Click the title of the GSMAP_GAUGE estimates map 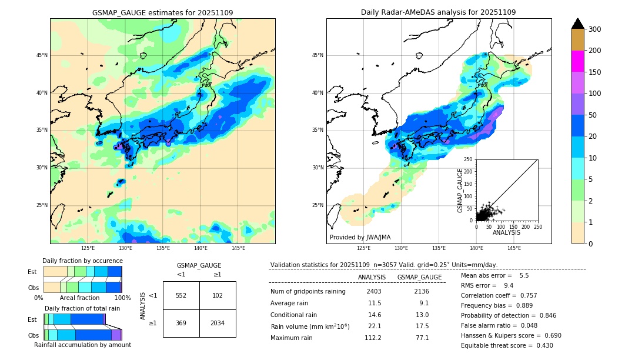[x=162, y=12]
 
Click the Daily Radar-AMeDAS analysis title [x=438, y=12]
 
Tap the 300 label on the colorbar [x=595, y=29]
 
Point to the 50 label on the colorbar [x=593, y=115]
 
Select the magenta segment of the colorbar [x=577, y=61]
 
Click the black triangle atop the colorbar [x=577, y=24]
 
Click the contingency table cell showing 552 [x=181, y=295]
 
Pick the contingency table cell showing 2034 [x=218, y=323]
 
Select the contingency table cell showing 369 [x=181, y=323]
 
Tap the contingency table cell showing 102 [x=218, y=295]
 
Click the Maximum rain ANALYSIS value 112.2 [x=373, y=338]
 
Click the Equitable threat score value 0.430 [x=540, y=345]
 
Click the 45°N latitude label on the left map [x=41, y=55]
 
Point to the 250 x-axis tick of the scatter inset [x=537, y=227]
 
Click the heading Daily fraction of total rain [x=82, y=308]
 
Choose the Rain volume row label [x=310, y=326]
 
